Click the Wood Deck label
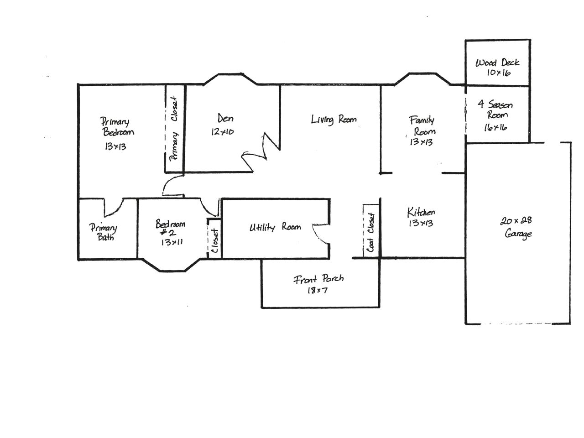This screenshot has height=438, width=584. (x=497, y=63)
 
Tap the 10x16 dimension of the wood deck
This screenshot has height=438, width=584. (x=498, y=73)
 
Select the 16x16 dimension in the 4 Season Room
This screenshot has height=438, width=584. (x=495, y=127)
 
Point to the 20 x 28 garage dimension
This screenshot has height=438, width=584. (x=516, y=220)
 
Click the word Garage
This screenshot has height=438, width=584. (x=518, y=234)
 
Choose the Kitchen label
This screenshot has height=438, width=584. (x=421, y=212)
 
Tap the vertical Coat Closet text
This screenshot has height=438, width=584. (x=370, y=232)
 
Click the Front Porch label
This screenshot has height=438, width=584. (x=318, y=279)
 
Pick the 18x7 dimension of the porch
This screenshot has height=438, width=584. (x=317, y=291)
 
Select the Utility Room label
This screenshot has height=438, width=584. (x=275, y=227)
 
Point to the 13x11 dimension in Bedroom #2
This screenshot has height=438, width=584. (x=172, y=242)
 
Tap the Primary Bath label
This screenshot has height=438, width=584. (x=103, y=232)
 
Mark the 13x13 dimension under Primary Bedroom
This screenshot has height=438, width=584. (x=115, y=146)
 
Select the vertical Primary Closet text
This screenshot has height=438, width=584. (x=174, y=129)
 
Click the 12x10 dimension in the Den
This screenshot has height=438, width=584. (x=223, y=132)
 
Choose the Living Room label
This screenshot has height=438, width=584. (x=334, y=120)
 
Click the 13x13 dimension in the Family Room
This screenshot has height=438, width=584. (x=421, y=142)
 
